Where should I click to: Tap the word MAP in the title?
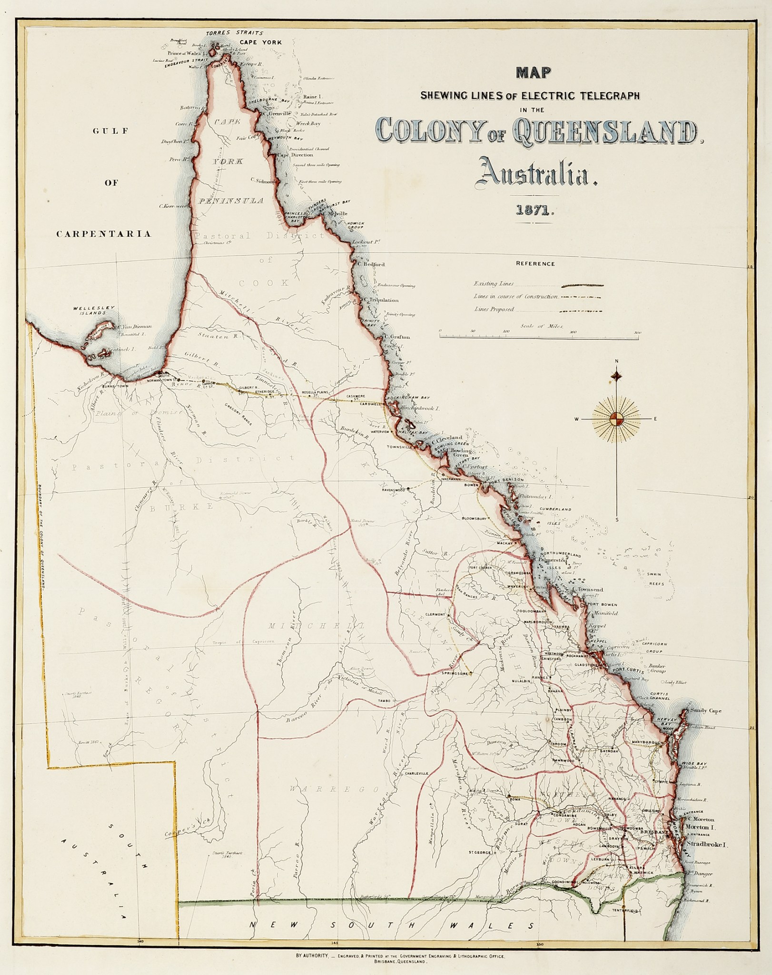533,73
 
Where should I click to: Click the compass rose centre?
616,419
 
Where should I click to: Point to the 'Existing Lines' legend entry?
494,284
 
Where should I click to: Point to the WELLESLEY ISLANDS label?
94,310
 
